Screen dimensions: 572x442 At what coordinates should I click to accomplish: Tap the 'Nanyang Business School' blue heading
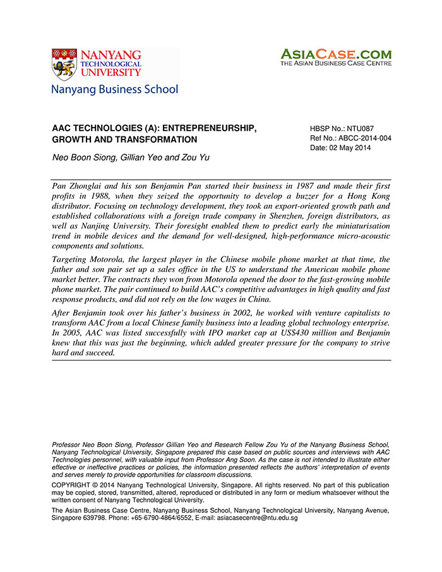pos(115,89)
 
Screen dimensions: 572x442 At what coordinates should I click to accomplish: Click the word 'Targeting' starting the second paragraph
pos(71,259)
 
